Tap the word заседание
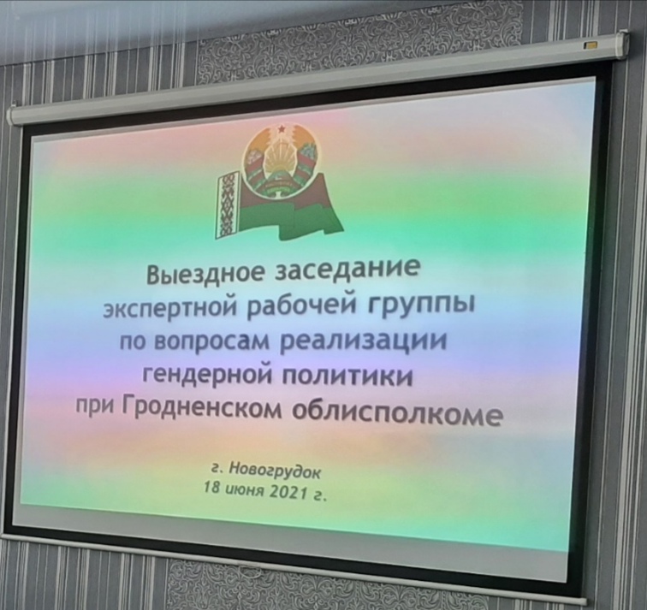pos(348,270)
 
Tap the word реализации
pos(361,342)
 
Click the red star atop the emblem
pos(282,129)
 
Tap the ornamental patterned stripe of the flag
pos(228,204)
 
